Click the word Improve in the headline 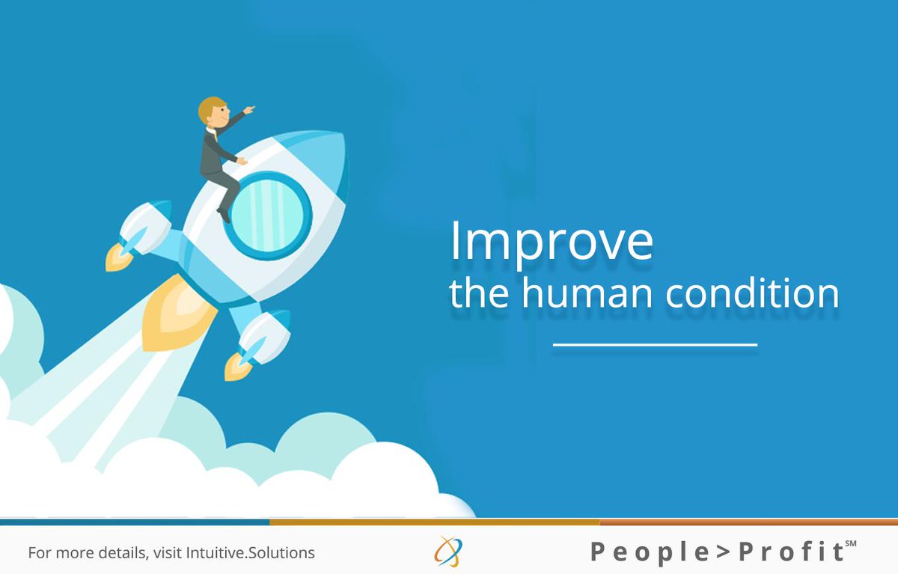point(551,241)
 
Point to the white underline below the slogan point(655,345)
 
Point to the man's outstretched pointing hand point(249,110)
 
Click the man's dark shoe point(224,215)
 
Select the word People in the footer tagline point(641,553)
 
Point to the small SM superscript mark point(850,543)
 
